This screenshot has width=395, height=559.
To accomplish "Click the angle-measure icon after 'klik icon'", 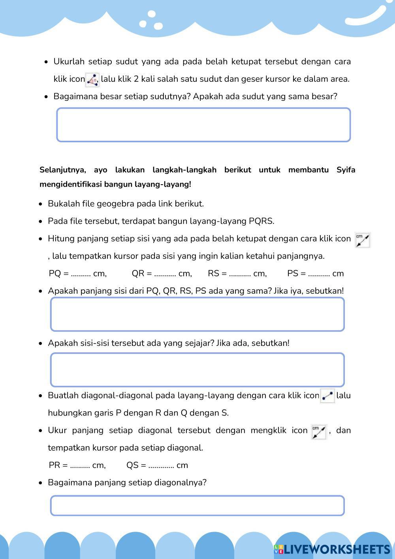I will point(92,80).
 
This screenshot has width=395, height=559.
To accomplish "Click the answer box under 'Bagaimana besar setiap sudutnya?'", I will point(203,125).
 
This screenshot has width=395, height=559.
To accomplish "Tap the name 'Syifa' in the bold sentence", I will point(346,170).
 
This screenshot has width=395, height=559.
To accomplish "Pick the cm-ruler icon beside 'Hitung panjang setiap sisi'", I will point(363,240).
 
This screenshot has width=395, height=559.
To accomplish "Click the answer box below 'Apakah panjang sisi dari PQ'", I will point(197,314).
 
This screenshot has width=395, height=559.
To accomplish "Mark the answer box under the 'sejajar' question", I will point(197,370).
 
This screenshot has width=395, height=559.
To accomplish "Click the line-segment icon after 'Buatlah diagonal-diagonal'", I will point(327,396).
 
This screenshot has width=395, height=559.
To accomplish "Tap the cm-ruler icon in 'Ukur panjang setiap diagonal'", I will point(319,432).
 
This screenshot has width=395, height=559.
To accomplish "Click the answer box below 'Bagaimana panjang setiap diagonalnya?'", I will point(197,506).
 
